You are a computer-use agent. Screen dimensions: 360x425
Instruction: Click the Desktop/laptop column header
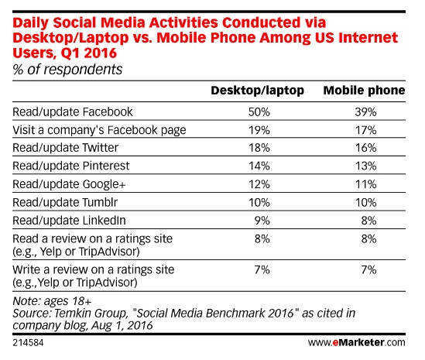point(257,91)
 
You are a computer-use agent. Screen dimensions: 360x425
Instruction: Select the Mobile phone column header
point(363,91)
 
